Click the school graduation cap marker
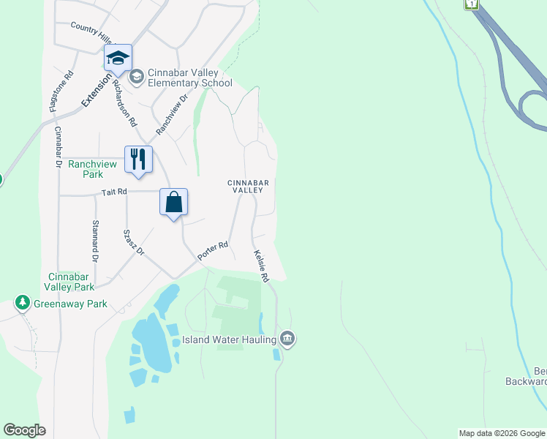118,58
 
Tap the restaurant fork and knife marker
138,159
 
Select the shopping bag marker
174,202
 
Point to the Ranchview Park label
92,169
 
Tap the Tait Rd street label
114,191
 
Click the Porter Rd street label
213,251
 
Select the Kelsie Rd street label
262,266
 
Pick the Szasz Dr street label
134,242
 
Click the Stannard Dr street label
95,241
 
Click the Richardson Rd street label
125,103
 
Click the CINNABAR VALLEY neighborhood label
248,186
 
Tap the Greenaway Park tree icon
23,303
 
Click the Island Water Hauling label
228,339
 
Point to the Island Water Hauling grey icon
287,339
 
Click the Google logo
24,430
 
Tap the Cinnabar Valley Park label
72,282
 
